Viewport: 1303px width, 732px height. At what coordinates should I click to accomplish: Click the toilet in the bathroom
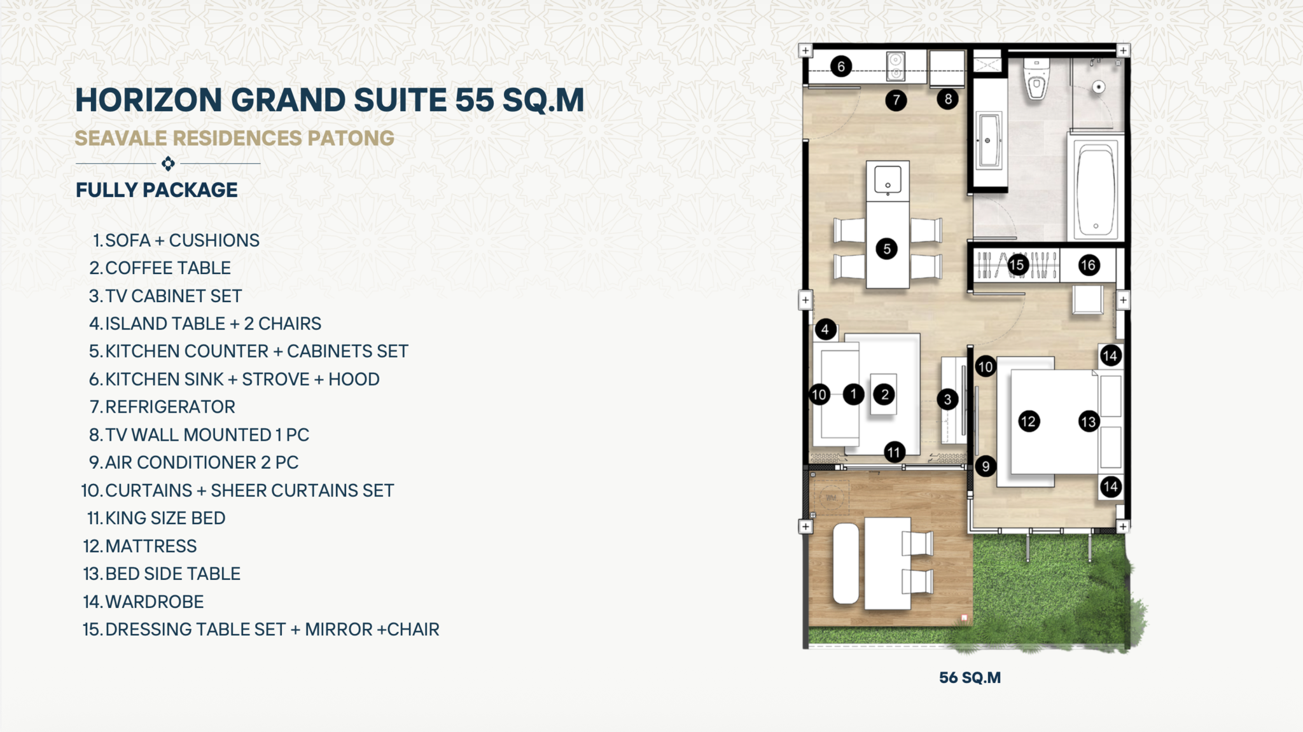point(1036,79)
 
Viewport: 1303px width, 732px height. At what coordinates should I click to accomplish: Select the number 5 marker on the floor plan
point(886,249)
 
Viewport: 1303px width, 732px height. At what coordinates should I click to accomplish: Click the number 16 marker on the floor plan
point(1088,265)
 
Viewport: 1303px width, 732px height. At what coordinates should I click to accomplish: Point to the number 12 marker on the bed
point(1029,421)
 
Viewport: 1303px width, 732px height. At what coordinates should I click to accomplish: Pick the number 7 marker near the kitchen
point(896,100)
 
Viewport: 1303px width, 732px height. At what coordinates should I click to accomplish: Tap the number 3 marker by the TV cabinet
point(947,399)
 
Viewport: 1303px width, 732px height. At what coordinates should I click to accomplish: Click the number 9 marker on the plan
point(986,466)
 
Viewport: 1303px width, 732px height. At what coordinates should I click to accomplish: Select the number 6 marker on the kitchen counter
point(841,66)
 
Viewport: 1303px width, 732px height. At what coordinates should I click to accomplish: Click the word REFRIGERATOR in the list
point(170,407)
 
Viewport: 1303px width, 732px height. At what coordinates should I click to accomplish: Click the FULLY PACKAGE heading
point(157,190)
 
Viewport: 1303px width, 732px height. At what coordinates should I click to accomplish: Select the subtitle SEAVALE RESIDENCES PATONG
point(235,139)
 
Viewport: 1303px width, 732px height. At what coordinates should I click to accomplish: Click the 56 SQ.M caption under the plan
point(970,678)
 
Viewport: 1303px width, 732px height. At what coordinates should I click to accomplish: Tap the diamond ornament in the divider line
point(168,163)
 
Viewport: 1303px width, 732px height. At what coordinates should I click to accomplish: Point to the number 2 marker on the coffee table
point(884,394)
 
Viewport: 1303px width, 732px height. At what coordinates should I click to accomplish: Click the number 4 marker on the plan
point(825,329)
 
